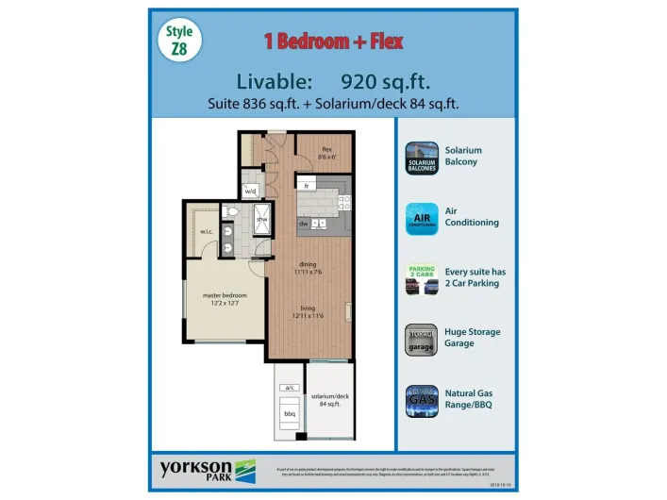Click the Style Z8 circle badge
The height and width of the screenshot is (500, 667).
(178, 42)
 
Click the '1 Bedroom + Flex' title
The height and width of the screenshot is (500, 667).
(333, 42)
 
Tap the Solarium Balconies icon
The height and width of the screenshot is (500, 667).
(421, 158)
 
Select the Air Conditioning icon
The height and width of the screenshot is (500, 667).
(421, 218)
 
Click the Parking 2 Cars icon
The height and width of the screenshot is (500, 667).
(421, 279)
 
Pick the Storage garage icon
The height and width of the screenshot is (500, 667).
(421, 340)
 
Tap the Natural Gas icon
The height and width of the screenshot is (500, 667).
(421, 401)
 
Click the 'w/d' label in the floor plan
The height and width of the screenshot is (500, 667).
(251, 192)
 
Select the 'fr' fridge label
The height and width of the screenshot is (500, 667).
(307, 186)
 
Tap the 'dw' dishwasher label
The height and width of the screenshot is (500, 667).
(304, 224)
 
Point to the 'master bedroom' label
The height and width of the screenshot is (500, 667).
(225, 299)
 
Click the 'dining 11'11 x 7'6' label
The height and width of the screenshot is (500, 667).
(308, 269)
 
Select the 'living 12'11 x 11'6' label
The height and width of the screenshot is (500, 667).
(308, 310)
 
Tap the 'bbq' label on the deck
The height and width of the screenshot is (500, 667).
(290, 414)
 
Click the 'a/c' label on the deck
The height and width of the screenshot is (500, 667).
(290, 388)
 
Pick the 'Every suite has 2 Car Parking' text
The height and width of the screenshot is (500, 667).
(475, 277)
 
